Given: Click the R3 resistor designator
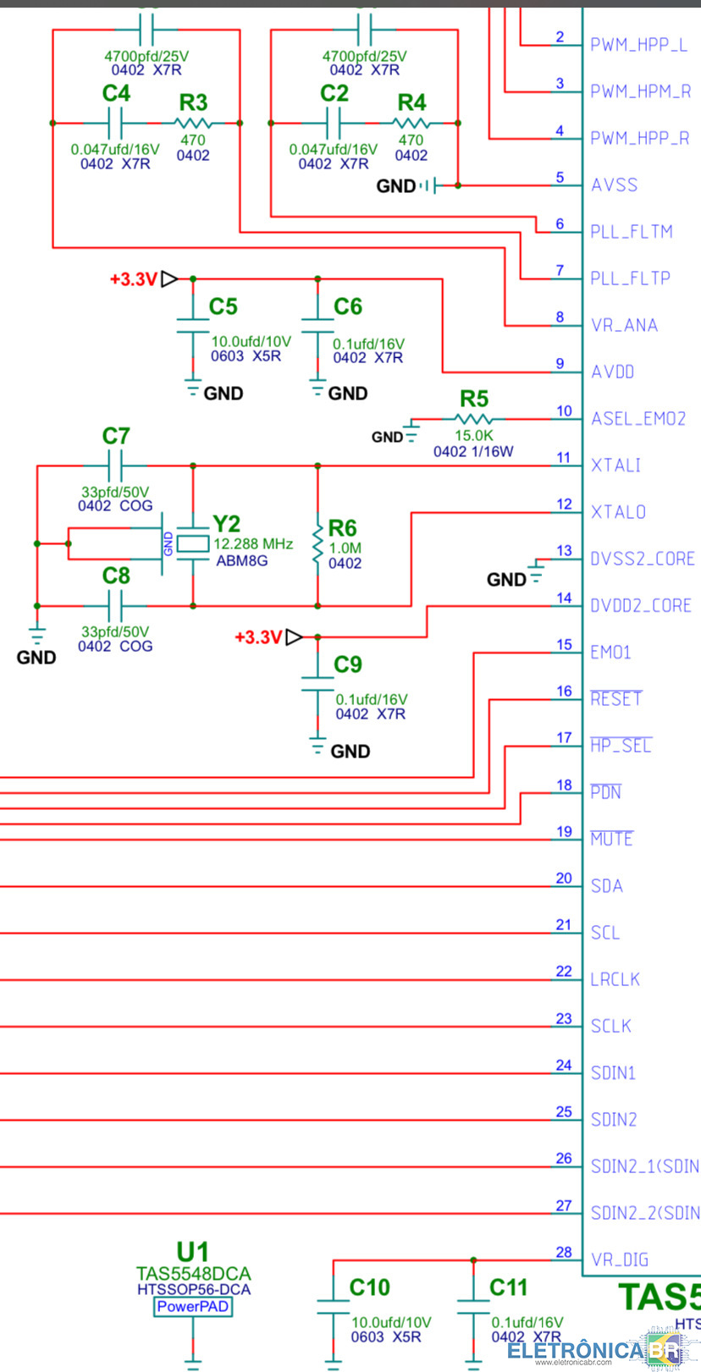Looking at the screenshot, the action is point(193,102).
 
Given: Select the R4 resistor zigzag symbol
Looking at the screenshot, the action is point(411,123).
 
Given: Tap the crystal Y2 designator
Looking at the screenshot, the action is point(226,524).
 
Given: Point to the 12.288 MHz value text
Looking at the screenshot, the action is point(253,544).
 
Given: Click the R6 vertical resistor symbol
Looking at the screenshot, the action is point(317,542).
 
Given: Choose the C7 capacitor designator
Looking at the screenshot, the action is point(116,436).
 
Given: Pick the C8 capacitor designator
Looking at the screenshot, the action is point(116,576).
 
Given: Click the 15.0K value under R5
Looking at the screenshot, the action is point(473,436).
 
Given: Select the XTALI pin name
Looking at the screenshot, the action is point(615,466).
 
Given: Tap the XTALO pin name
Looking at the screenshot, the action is point(618,512).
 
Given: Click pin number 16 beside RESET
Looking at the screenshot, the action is point(564,691).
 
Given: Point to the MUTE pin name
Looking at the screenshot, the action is point(612,839).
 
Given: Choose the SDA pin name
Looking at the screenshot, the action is point(607,885).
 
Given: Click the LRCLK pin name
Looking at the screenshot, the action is point(615,979).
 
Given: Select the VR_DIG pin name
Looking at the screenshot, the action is point(620,1260).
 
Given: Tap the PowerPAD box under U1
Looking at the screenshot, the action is point(193,1307).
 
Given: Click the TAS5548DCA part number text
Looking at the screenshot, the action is point(193,1273).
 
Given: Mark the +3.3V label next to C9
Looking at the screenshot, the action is point(258,637).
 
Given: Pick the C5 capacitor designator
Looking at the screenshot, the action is point(223,306).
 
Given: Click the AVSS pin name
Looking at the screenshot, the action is point(614,185).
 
